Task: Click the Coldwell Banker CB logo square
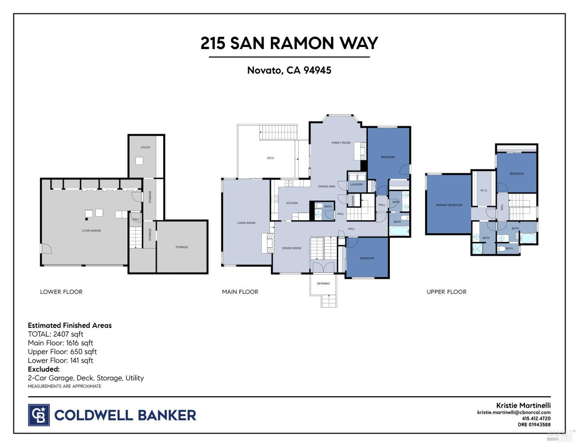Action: click(39, 415)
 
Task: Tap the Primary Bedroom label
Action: click(449, 205)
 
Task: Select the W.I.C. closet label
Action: click(484, 191)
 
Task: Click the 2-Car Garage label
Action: click(91, 231)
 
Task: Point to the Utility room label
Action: click(146, 147)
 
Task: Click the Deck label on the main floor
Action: click(271, 158)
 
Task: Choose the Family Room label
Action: click(341, 143)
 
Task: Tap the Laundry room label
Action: click(357, 185)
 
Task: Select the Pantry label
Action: click(353, 200)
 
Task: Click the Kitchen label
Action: click(292, 203)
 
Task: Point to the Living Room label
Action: click(246, 223)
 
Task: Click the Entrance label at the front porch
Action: click(323, 283)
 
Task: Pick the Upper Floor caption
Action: click(447, 292)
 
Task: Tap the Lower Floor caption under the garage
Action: click(61, 292)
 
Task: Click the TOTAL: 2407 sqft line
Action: click(56, 334)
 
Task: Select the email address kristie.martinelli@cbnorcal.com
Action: click(514, 412)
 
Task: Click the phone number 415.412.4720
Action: click(536, 418)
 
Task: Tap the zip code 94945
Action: click(317, 70)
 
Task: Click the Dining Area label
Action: click(327, 187)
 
